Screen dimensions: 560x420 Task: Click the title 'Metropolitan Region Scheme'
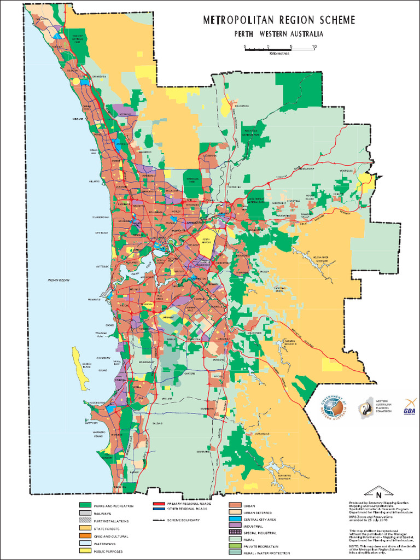coord(279,21)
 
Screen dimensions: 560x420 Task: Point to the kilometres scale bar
coord(279,50)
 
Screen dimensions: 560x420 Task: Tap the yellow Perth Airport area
coord(206,244)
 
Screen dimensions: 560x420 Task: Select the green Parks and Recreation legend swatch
coord(85,506)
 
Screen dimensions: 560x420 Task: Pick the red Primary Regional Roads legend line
coord(158,504)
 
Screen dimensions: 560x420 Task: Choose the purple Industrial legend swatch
coord(234,526)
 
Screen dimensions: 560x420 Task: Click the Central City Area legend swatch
coord(234,519)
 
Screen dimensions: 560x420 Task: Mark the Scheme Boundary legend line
coord(158,520)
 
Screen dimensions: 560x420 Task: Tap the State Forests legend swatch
coord(85,529)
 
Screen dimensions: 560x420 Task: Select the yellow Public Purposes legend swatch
coord(85,552)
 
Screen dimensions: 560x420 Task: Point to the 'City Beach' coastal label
coord(101,232)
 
